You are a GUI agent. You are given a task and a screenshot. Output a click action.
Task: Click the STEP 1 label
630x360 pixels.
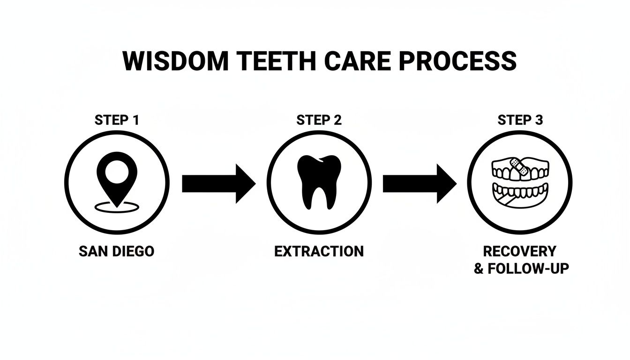117,120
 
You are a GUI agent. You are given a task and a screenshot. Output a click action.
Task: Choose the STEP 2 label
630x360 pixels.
319,120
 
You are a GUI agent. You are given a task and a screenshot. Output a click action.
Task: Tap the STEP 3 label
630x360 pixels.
520,120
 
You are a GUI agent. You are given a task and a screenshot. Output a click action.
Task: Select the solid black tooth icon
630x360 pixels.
319,181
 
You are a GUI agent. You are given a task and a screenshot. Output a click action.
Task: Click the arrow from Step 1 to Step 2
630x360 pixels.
218,183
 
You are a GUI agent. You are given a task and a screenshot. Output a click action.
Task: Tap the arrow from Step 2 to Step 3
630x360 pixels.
419,183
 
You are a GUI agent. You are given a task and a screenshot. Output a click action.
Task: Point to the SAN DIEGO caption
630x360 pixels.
116,251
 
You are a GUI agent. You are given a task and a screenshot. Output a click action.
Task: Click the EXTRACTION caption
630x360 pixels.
319,251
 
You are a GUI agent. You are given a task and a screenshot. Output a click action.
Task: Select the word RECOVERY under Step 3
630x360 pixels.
519,251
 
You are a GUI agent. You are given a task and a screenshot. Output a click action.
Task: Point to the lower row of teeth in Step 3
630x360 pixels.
520,192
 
